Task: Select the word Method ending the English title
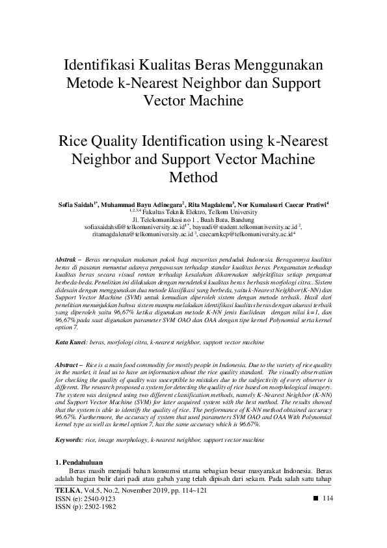tap(193, 177)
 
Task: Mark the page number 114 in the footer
tap(327, 498)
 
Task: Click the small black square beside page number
tap(315, 497)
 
